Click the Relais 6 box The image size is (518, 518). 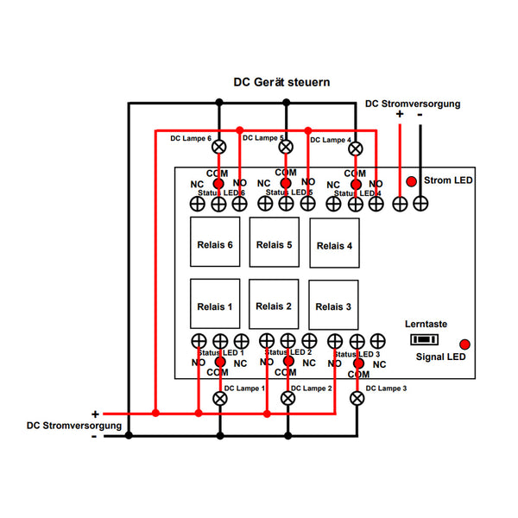pyautogui.click(x=214, y=243)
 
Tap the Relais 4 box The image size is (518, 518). pyautogui.click(x=334, y=244)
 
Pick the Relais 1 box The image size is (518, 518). pyautogui.click(x=214, y=306)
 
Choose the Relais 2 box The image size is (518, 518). pyautogui.click(x=274, y=306)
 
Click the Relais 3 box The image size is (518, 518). pyautogui.click(x=333, y=306)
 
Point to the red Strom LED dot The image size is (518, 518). pyautogui.click(x=411, y=181)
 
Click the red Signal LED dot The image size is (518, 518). pyautogui.click(x=464, y=344)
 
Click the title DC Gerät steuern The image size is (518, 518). pyautogui.click(x=281, y=83)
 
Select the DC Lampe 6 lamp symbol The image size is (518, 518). pyautogui.click(x=219, y=146)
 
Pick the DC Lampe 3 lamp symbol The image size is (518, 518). pyautogui.click(x=357, y=398)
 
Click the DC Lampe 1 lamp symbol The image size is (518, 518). pyautogui.click(x=219, y=398)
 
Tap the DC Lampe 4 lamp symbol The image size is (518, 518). pyautogui.click(x=355, y=148)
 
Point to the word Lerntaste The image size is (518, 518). pyautogui.click(x=426, y=324)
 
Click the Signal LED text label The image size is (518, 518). pyautogui.click(x=440, y=357)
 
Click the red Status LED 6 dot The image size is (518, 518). pyautogui.click(x=219, y=184)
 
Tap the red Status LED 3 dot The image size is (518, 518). pyautogui.click(x=357, y=363)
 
